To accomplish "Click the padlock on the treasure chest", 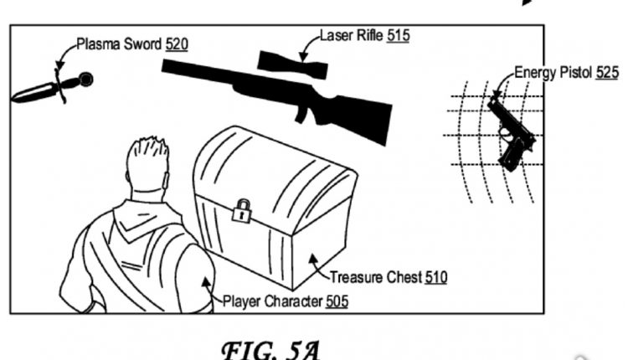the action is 241,211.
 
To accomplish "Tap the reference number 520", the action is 177,44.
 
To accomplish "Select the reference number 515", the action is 398,35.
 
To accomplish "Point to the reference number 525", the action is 607,73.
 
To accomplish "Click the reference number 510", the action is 435,277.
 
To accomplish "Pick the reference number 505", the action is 337,301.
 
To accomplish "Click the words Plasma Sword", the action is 119,44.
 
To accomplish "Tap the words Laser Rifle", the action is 351,35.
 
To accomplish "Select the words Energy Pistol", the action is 553,73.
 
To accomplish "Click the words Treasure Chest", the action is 376,277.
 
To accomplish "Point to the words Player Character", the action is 272,301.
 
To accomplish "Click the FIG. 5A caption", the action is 271,350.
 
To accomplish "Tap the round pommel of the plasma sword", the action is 86,80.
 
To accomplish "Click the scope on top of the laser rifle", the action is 293,65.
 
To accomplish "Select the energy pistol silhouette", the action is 512,132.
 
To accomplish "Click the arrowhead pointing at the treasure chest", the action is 312,259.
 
